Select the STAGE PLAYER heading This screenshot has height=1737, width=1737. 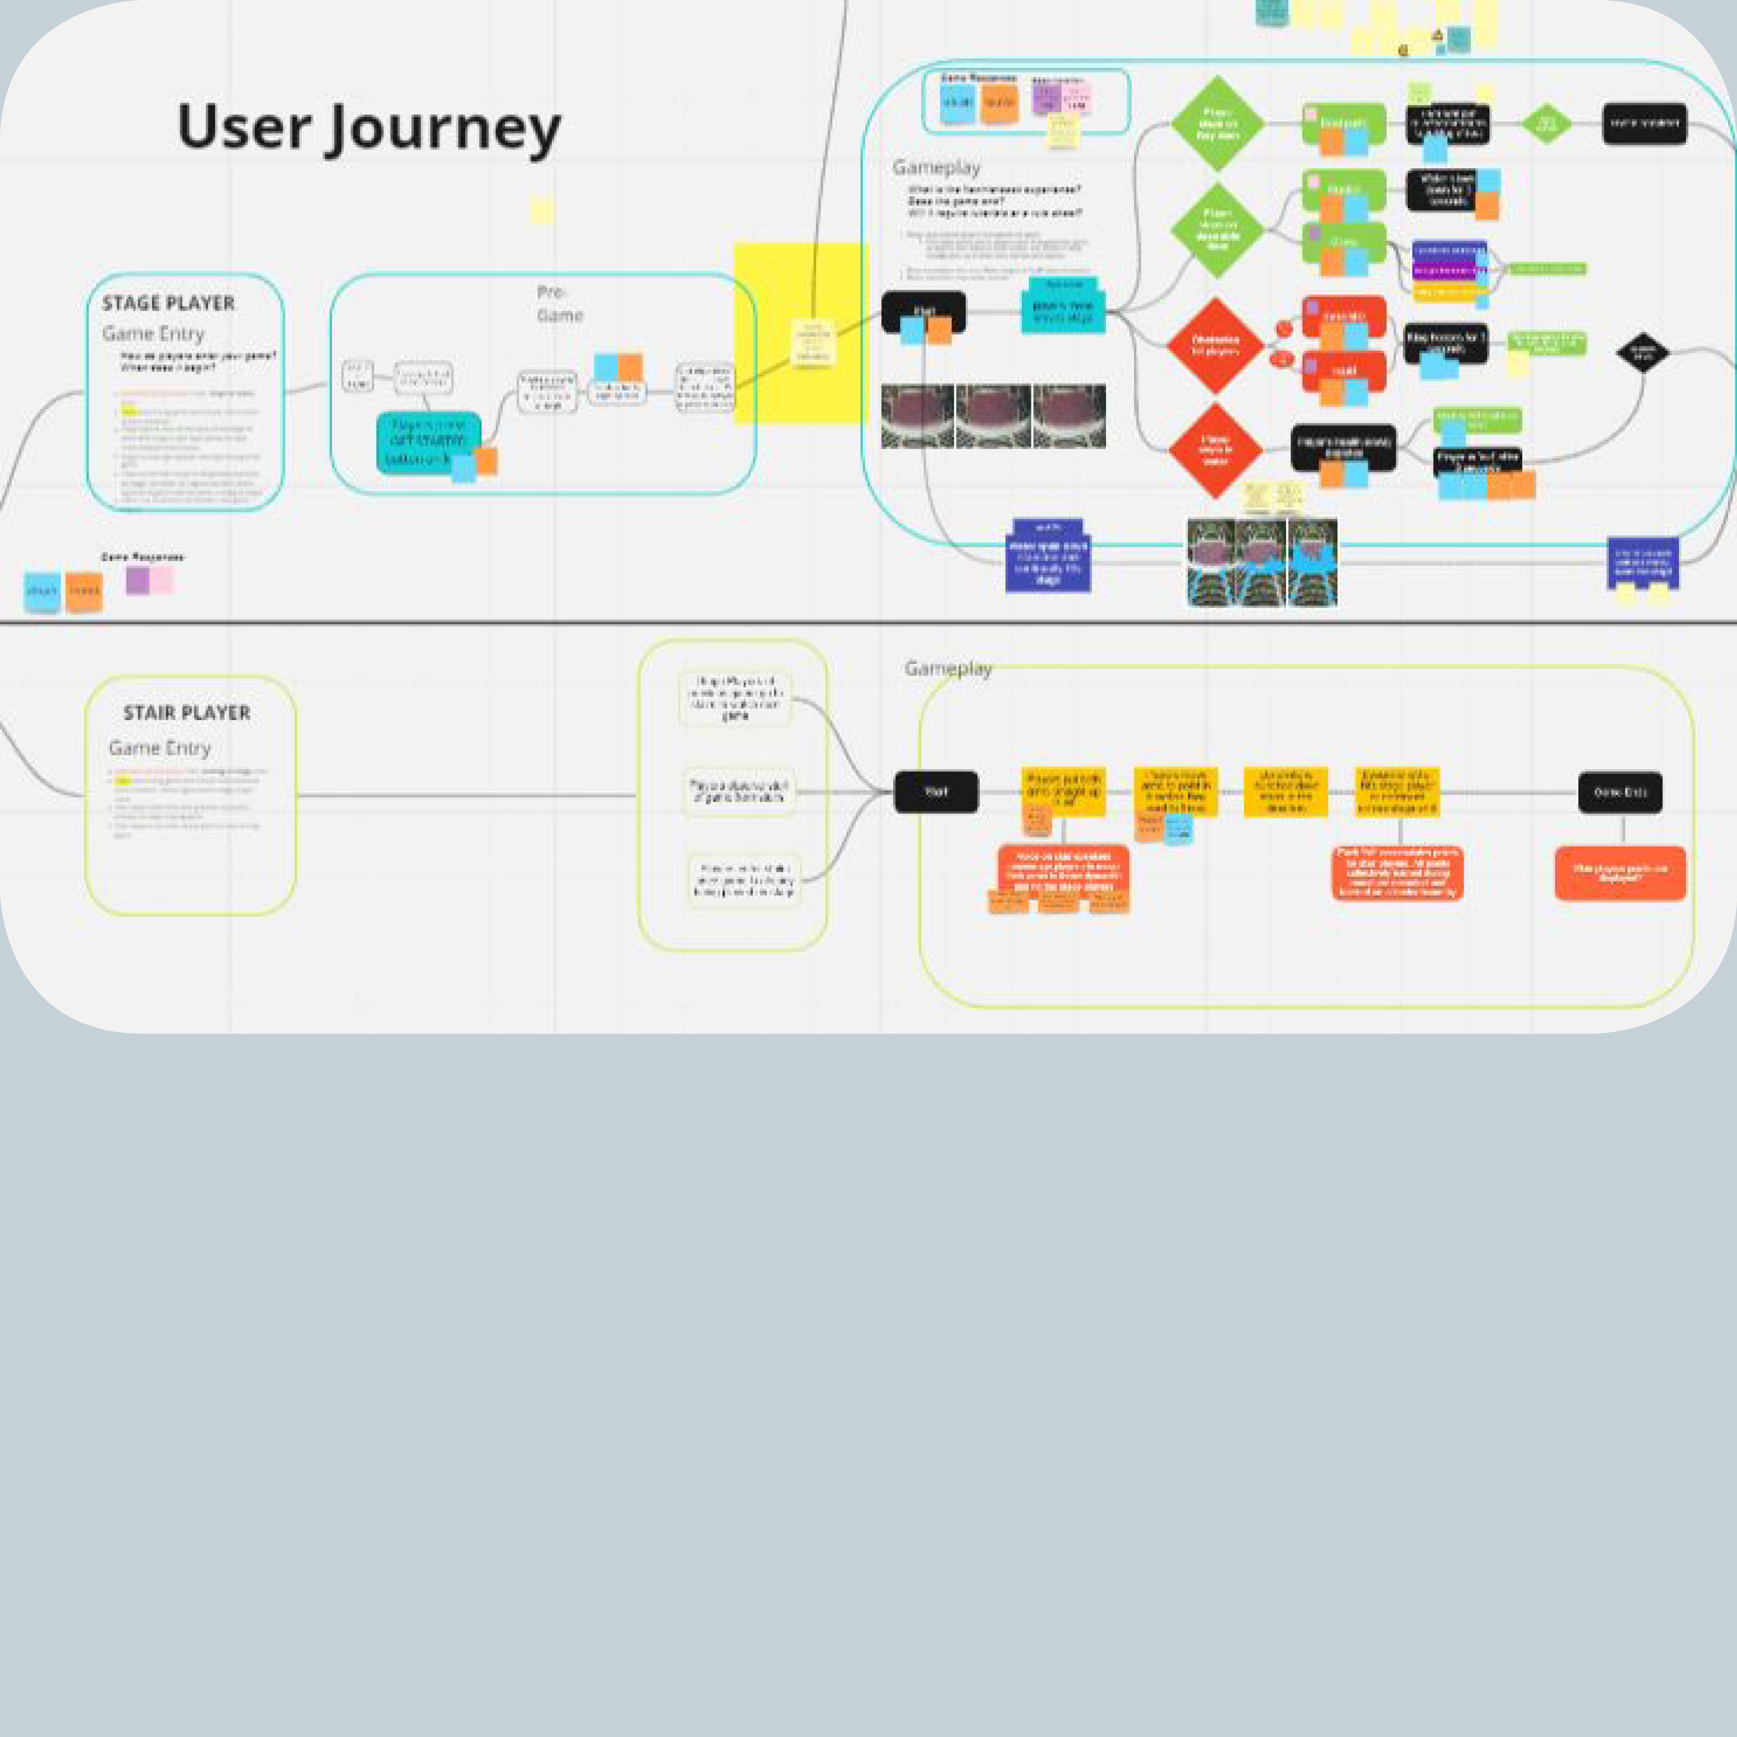(x=168, y=303)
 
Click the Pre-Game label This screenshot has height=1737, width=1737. (x=559, y=304)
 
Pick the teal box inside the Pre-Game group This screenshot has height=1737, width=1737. (x=428, y=440)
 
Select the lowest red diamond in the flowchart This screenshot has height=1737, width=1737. (x=1215, y=450)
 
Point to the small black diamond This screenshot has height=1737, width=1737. (x=1643, y=352)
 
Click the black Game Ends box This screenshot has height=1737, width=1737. (x=1620, y=792)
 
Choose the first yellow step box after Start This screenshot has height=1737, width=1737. (x=1063, y=791)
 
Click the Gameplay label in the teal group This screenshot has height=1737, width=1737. (x=936, y=167)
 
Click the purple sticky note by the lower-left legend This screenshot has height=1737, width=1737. (x=138, y=580)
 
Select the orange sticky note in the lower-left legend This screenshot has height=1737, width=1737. (x=83, y=590)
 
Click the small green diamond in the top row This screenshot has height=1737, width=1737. (x=1546, y=123)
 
